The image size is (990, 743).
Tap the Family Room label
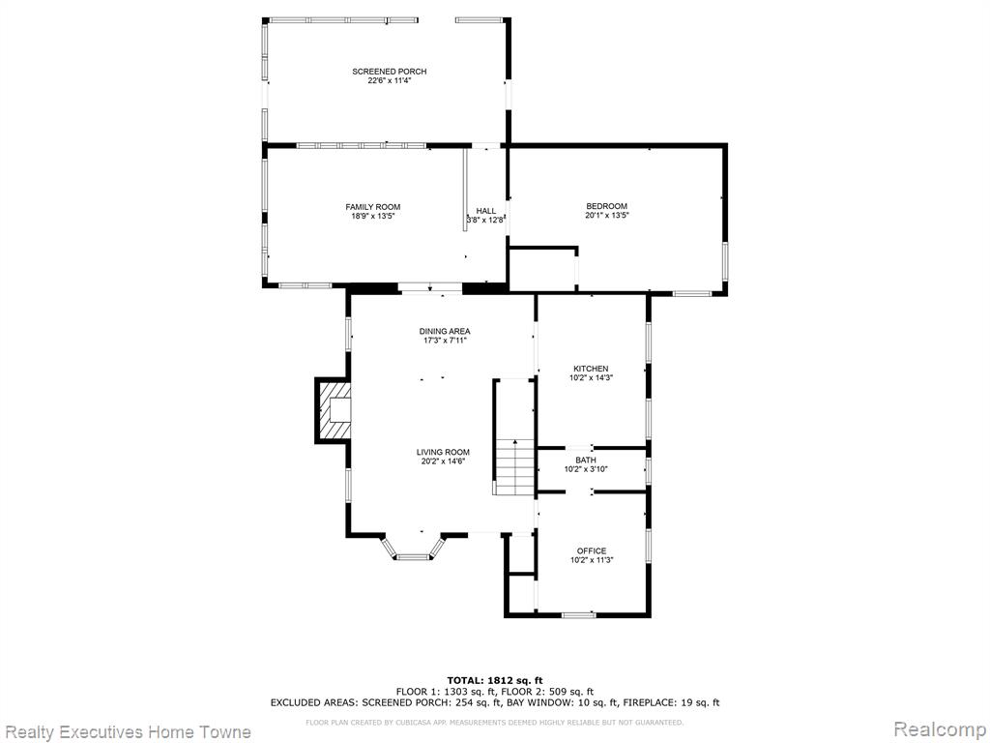372,207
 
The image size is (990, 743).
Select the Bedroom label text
607,206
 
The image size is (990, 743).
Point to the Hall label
486,211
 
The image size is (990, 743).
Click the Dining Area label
445,331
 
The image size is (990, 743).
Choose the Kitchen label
591,369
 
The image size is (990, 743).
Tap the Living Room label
443,453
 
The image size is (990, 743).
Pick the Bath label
585,460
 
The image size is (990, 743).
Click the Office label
592,550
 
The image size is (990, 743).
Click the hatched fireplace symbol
333,410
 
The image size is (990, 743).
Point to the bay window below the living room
414,549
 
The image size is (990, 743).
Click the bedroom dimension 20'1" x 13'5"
607,216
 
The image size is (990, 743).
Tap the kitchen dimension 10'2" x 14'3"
591,378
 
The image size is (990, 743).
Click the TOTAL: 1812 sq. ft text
495,680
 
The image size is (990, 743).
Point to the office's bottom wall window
578,614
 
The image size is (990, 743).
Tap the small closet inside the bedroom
543,269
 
